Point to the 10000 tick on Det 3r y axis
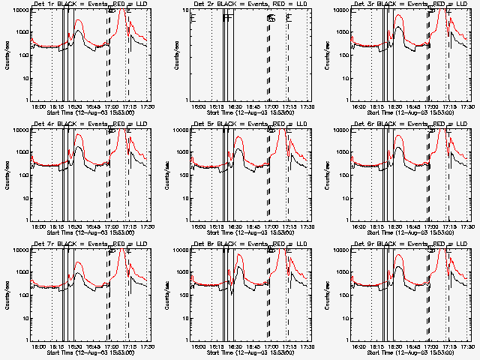pos(341,10)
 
